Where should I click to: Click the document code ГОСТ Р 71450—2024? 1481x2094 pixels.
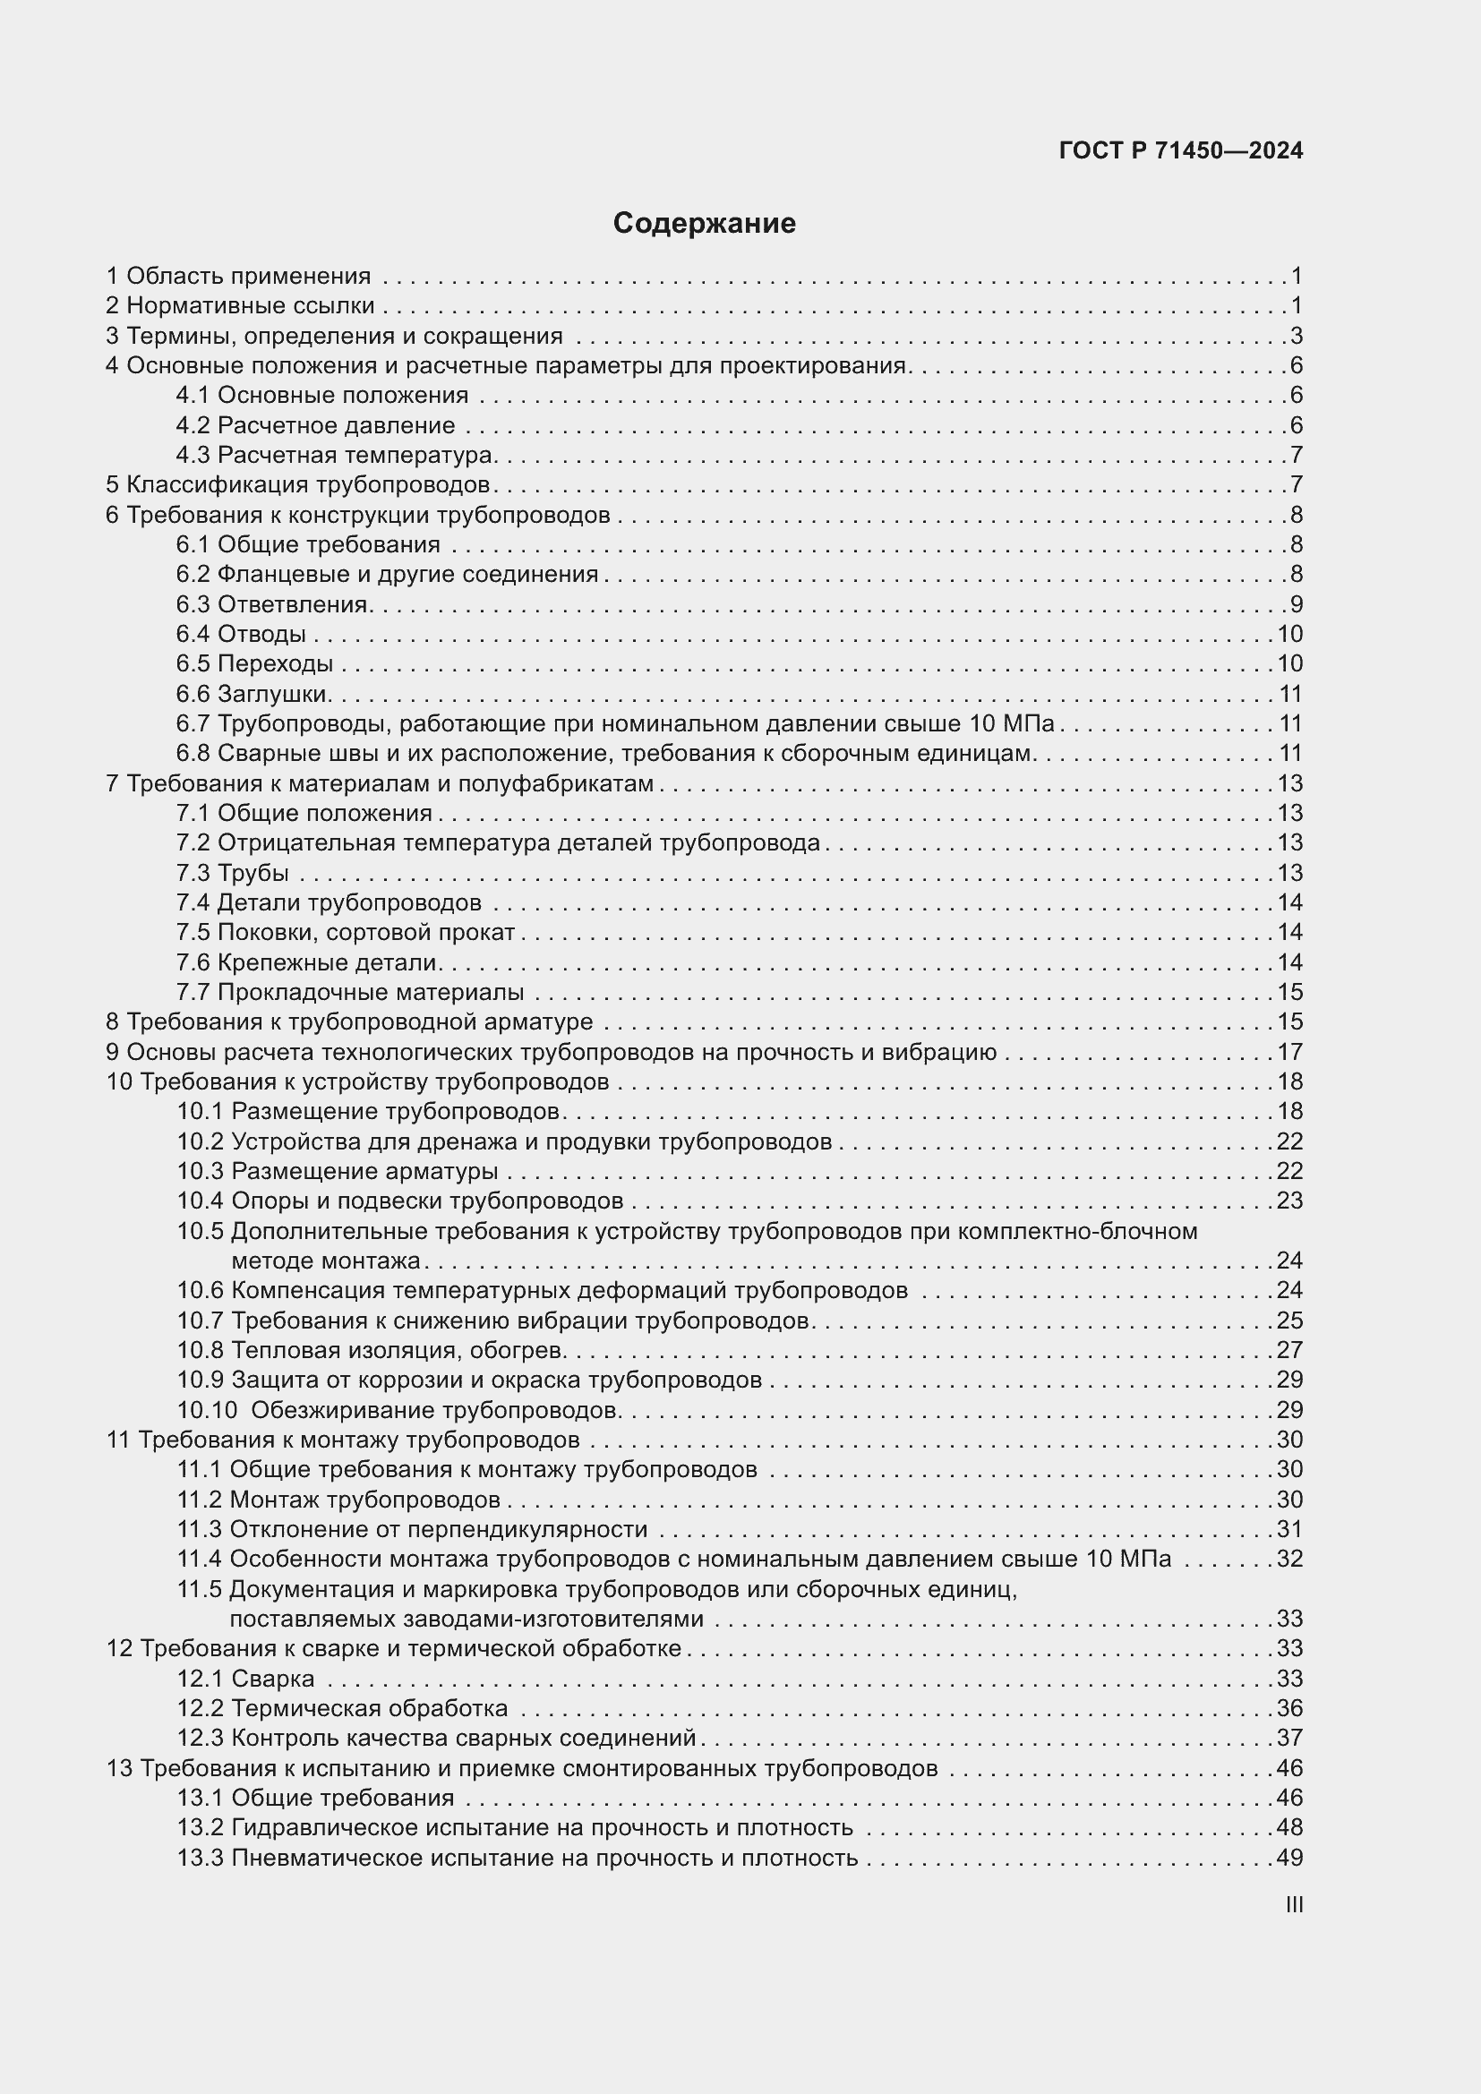[1180, 150]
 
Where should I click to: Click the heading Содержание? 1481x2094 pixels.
[704, 223]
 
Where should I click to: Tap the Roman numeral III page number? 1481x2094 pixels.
[1293, 1904]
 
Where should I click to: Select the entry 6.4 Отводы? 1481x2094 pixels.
[241, 634]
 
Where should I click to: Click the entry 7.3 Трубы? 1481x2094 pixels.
[233, 873]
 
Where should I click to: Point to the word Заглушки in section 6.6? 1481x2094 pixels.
[273, 694]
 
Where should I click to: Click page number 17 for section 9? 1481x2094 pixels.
[1289, 1052]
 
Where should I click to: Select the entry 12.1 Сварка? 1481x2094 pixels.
[245, 1678]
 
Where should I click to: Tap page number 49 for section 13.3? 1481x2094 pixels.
[1289, 1858]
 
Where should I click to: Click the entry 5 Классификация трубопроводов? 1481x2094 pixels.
[298, 484]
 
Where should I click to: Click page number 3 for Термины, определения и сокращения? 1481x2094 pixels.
[1296, 336]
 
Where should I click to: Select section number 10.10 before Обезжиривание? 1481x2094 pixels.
[207, 1410]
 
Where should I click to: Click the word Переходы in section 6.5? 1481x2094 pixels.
[275, 664]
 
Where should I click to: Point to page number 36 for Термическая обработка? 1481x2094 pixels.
[1289, 1708]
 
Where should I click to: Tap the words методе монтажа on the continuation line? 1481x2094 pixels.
[326, 1261]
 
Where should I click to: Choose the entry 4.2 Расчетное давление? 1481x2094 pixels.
[315, 425]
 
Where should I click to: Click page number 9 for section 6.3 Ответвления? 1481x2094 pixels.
[1296, 603]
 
